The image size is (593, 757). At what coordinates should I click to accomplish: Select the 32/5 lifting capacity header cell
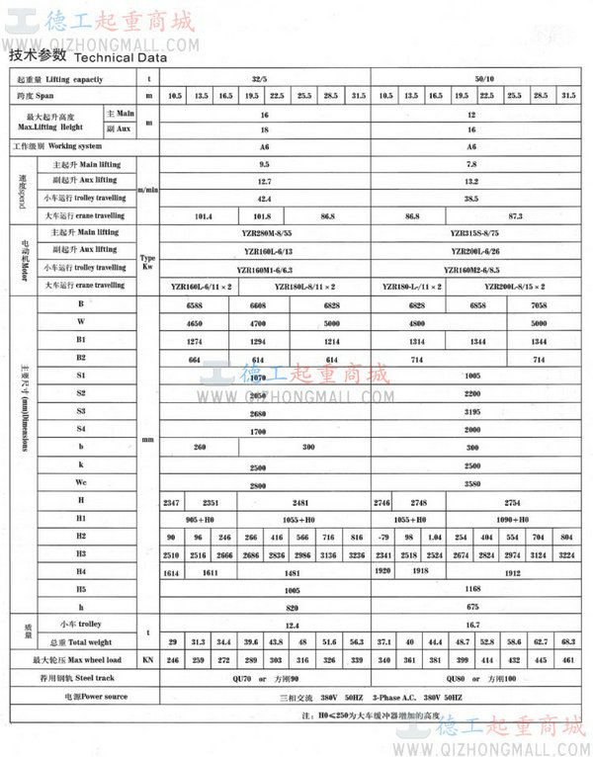pyautogui.click(x=262, y=77)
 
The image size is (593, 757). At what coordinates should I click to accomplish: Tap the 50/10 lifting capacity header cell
pyautogui.click(x=470, y=77)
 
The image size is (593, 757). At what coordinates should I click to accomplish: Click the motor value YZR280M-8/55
pyautogui.click(x=263, y=232)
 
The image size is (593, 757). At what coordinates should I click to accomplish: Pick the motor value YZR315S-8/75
pyautogui.click(x=470, y=232)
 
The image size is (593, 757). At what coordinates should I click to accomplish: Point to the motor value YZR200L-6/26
pyautogui.click(x=470, y=249)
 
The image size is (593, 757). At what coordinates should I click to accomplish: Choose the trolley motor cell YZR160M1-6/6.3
pyautogui.click(x=263, y=268)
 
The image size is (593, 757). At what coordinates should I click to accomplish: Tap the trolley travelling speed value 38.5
pyautogui.click(x=470, y=198)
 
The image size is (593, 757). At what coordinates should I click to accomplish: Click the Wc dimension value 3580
pyautogui.click(x=470, y=484)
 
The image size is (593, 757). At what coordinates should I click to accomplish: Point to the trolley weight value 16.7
pyautogui.click(x=470, y=625)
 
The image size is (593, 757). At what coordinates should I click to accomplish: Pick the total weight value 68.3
pyautogui.click(x=566, y=641)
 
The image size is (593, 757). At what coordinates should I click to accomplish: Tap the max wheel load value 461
pyautogui.click(x=566, y=659)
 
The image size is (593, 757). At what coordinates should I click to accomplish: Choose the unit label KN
pyautogui.click(x=148, y=659)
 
